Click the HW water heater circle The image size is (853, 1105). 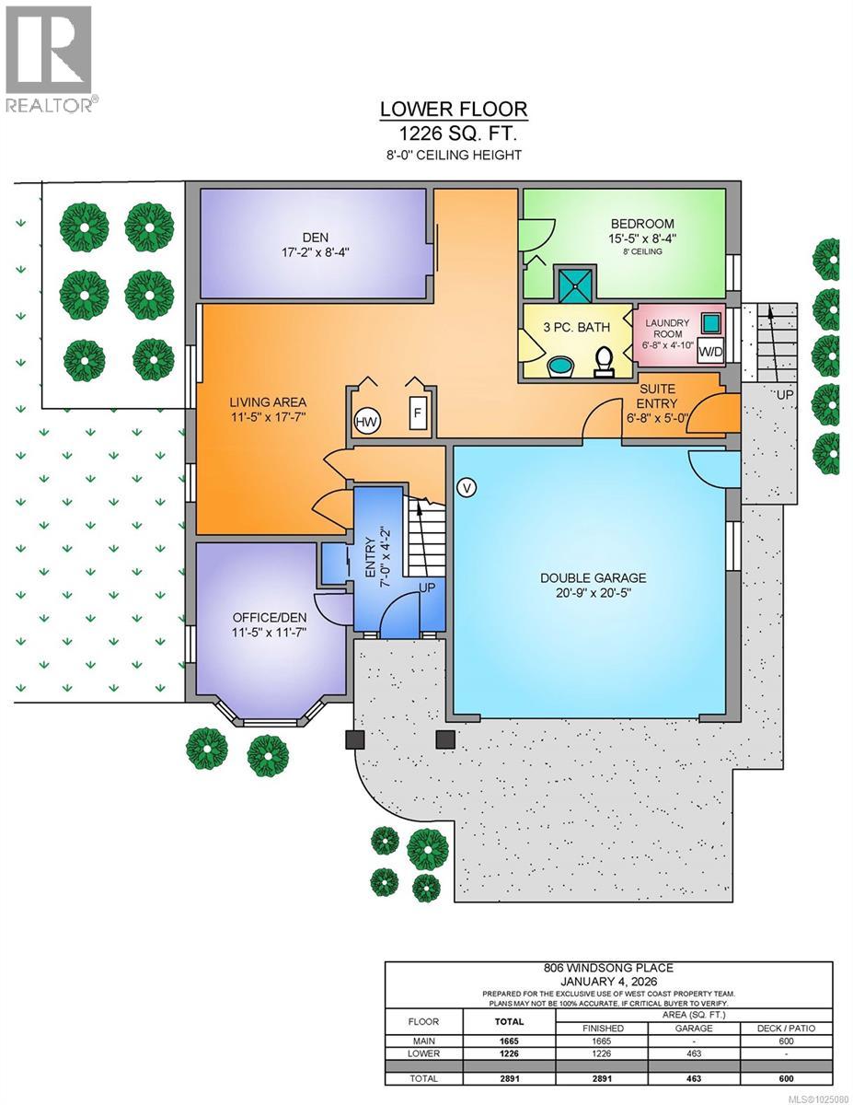[x=367, y=422]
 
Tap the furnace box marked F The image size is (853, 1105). [x=418, y=413]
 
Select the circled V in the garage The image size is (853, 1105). [x=466, y=488]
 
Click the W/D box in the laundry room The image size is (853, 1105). [x=710, y=351]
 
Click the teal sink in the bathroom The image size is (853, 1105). [x=561, y=366]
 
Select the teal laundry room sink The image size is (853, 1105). [x=710, y=321]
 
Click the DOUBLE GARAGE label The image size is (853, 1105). [x=593, y=577]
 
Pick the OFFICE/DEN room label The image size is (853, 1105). [x=270, y=617]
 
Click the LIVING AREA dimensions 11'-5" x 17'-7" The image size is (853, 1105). [x=268, y=417]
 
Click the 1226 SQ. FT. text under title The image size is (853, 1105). [x=457, y=134]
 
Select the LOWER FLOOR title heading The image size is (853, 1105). [x=454, y=109]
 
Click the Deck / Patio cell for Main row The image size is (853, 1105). [x=786, y=1041]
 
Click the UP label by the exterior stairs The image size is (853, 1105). [x=784, y=395]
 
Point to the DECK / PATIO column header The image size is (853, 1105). [x=786, y=1028]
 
